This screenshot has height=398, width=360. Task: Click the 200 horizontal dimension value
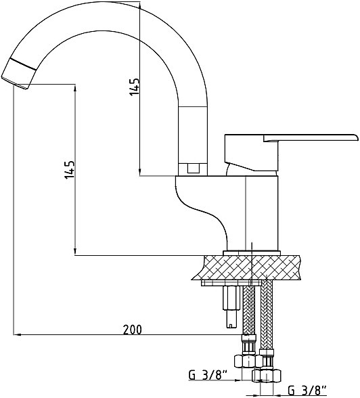132,330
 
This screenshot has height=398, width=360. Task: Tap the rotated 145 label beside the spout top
135,87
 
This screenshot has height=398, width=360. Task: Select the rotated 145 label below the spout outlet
70,169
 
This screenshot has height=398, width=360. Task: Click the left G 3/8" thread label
208,375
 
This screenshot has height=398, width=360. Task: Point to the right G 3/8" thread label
307,389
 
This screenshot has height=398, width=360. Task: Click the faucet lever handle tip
357,137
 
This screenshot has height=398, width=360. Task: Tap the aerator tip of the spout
14,83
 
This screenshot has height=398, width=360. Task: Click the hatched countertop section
248,267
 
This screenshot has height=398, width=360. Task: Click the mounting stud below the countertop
231,307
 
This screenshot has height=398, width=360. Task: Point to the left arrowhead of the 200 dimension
16,334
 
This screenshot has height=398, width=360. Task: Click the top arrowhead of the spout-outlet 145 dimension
75,88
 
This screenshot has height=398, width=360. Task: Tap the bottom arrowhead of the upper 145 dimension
140,173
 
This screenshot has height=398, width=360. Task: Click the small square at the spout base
194,168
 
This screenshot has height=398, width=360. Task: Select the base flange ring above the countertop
252,253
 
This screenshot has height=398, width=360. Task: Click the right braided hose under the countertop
267,315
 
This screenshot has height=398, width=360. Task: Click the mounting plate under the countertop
231,283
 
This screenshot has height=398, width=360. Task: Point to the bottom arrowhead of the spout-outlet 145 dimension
75,252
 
